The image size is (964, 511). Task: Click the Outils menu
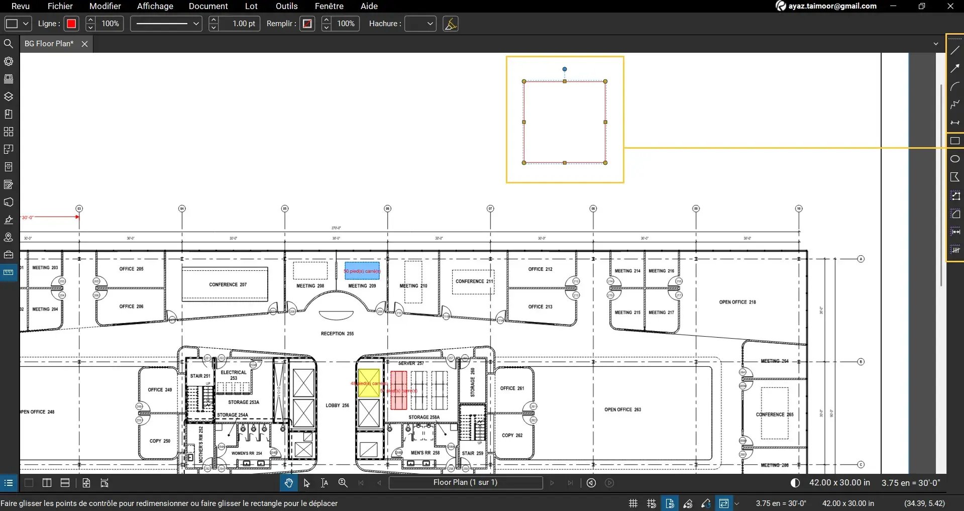(x=286, y=6)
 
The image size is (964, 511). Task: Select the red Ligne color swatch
(x=71, y=24)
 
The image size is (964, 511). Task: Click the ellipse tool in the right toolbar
(x=955, y=159)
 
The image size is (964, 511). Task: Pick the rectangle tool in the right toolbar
(x=955, y=141)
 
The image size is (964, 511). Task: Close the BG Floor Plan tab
(x=85, y=44)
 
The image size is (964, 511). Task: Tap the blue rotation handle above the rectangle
(x=565, y=69)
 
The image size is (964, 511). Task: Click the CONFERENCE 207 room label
(x=228, y=284)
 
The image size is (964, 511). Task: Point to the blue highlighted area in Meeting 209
(x=362, y=270)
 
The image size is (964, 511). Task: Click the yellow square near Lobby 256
(x=369, y=383)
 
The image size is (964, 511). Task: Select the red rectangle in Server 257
(x=398, y=390)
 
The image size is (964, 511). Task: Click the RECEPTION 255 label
(x=337, y=334)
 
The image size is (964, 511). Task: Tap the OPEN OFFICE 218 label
(x=737, y=302)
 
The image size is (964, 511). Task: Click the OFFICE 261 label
(x=512, y=388)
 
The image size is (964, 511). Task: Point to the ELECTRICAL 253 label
(x=234, y=375)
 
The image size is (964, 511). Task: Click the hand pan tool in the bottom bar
(x=288, y=483)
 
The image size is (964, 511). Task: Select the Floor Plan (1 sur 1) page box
(x=465, y=482)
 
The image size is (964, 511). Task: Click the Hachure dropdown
(x=420, y=24)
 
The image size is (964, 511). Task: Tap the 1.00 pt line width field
(x=243, y=24)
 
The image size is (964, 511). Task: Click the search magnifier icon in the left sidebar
(x=9, y=44)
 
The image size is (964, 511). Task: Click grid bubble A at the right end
(x=861, y=259)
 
